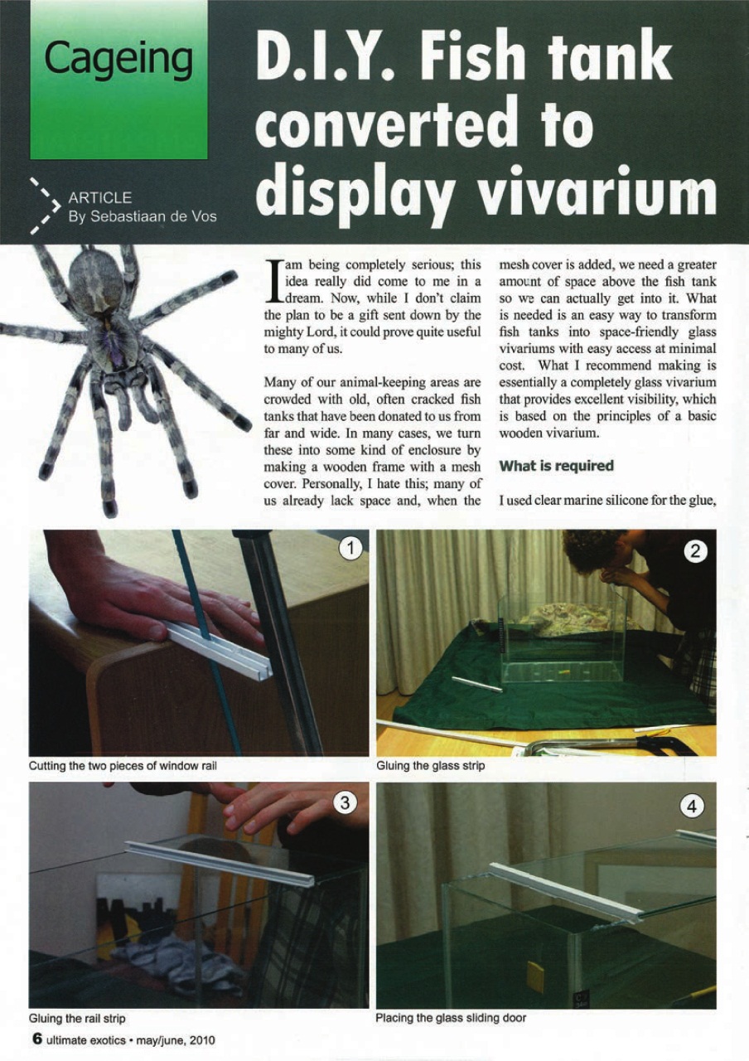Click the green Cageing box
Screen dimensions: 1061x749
(x=118, y=80)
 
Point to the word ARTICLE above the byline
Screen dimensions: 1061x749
(x=99, y=197)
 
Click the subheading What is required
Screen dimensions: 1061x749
(x=556, y=466)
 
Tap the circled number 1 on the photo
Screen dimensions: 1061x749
(x=351, y=549)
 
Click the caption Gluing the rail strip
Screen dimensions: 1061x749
(x=77, y=1017)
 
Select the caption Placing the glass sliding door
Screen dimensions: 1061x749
(x=451, y=1017)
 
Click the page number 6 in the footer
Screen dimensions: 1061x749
(x=36, y=1039)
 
